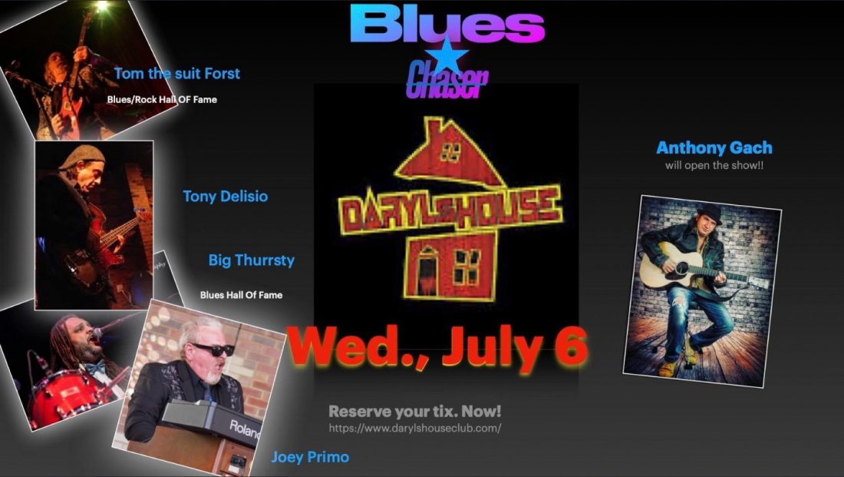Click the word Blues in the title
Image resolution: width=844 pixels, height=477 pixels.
pyautogui.click(x=447, y=25)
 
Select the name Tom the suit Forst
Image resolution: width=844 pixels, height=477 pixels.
pyautogui.click(x=176, y=74)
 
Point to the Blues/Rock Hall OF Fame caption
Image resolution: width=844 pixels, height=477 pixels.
pyautogui.click(x=162, y=100)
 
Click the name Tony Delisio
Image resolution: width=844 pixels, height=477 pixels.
pyautogui.click(x=225, y=197)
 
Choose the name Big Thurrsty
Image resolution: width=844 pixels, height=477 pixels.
pyautogui.click(x=251, y=260)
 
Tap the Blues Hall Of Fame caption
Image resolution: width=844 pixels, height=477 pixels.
pyautogui.click(x=241, y=295)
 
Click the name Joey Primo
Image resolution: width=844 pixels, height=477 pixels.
pyautogui.click(x=310, y=457)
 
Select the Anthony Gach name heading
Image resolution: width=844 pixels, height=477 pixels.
pyautogui.click(x=714, y=148)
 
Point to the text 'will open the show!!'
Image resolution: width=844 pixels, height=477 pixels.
pyautogui.click(x=714, y=166)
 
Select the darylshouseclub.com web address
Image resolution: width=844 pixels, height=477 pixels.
pyautogui.click(x=415, y=429)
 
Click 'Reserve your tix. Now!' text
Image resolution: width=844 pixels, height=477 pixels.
pyautogui.click(x=415, y=412)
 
